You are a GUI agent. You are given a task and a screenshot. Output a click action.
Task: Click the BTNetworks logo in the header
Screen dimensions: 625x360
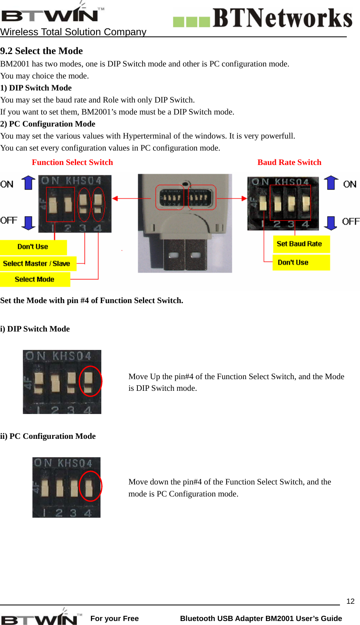[263, 18]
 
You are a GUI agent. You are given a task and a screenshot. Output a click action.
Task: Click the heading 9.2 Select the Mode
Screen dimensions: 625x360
[41, 51]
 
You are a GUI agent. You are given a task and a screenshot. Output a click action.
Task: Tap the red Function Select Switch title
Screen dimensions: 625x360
[72, 162]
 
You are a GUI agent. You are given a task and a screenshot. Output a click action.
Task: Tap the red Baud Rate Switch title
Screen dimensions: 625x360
[289, 162]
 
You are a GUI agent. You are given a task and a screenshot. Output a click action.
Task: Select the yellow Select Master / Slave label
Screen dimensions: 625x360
[37, 263]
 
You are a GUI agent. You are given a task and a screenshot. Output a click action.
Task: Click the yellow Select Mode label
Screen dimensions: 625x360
[34, 279]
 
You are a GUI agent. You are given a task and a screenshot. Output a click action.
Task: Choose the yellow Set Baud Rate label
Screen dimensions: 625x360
[300, 244]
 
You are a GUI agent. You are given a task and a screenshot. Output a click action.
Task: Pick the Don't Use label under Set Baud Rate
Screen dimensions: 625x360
[294, 263]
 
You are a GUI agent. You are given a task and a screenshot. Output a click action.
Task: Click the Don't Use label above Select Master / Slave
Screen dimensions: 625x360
[33, 247]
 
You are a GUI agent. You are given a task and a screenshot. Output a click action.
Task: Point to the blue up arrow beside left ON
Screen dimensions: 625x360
[28, 183]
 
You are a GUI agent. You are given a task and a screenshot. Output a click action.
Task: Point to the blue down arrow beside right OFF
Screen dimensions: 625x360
[330, 223]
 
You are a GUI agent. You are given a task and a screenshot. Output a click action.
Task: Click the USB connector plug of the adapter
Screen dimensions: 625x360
[185, 252]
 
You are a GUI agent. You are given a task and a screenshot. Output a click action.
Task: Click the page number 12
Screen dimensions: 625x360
[350, 601]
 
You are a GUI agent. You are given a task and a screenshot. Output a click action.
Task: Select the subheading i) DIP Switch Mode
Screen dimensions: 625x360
[35, 329]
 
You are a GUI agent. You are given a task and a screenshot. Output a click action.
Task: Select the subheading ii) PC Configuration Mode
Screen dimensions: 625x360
[48, 436]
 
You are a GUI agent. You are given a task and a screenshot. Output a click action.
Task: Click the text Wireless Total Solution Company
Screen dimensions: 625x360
[73, 32]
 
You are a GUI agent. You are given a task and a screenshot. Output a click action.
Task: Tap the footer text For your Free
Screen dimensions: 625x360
[115, 618]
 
